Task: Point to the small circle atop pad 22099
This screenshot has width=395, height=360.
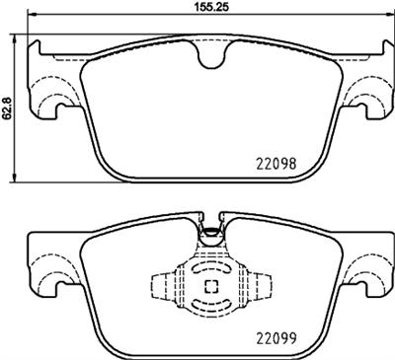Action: click(x=209, y=235)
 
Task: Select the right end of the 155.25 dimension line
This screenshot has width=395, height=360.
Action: click(x=388, y=17)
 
